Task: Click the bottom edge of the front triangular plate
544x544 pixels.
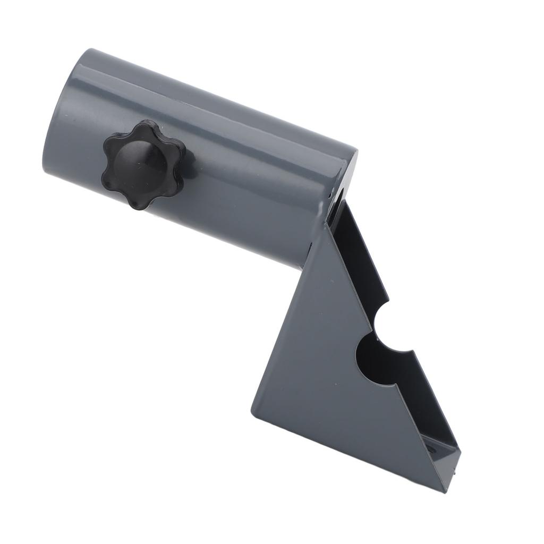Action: (351, 452)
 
